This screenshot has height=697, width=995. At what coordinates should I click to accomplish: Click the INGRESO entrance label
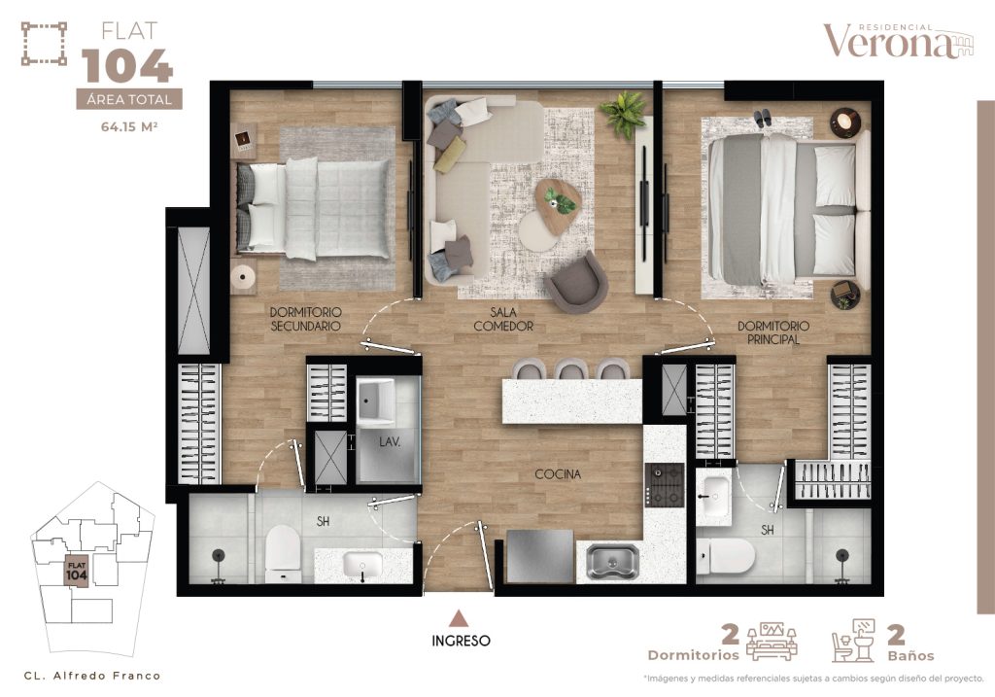click(462, 641)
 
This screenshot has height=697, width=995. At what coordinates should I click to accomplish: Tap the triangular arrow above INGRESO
click(461, 617)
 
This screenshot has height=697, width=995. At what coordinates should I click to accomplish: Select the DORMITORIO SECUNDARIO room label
click(306, 320)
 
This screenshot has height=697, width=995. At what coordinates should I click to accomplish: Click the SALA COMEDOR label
click(503, 319)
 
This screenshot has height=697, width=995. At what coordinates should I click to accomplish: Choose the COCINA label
click(558, 474)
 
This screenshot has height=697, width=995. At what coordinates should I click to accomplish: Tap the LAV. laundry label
click(390, 441)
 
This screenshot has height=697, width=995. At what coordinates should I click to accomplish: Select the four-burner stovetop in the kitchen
click(666, 484)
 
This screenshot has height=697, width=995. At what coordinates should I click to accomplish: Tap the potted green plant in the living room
click(623, 114)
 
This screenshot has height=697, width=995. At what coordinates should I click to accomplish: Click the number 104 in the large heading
click(128, 66)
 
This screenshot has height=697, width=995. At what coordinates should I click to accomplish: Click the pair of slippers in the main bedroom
click(763, 117)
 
